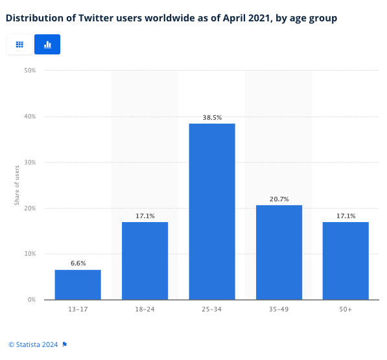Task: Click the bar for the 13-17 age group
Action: point(78,284)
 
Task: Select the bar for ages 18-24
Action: point(145,260)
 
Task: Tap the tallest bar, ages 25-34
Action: point(212,211)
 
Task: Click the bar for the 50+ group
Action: point(346,260)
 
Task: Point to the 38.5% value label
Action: point(212,117)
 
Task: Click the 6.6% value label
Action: point(78,264)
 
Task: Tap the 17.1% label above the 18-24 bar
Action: point(145,216)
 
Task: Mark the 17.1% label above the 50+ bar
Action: point(346,216)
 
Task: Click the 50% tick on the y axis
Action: point(30,70)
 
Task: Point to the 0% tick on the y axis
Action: point(31,300)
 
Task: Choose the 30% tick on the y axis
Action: point(30,162)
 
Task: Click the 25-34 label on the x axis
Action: point(212,310)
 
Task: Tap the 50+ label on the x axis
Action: point(346,310)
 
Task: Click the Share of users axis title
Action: point(17,185)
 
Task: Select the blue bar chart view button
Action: point(47,45)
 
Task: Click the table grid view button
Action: point(19,45)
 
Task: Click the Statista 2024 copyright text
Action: point(33,344)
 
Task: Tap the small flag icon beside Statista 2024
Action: point(65,344)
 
